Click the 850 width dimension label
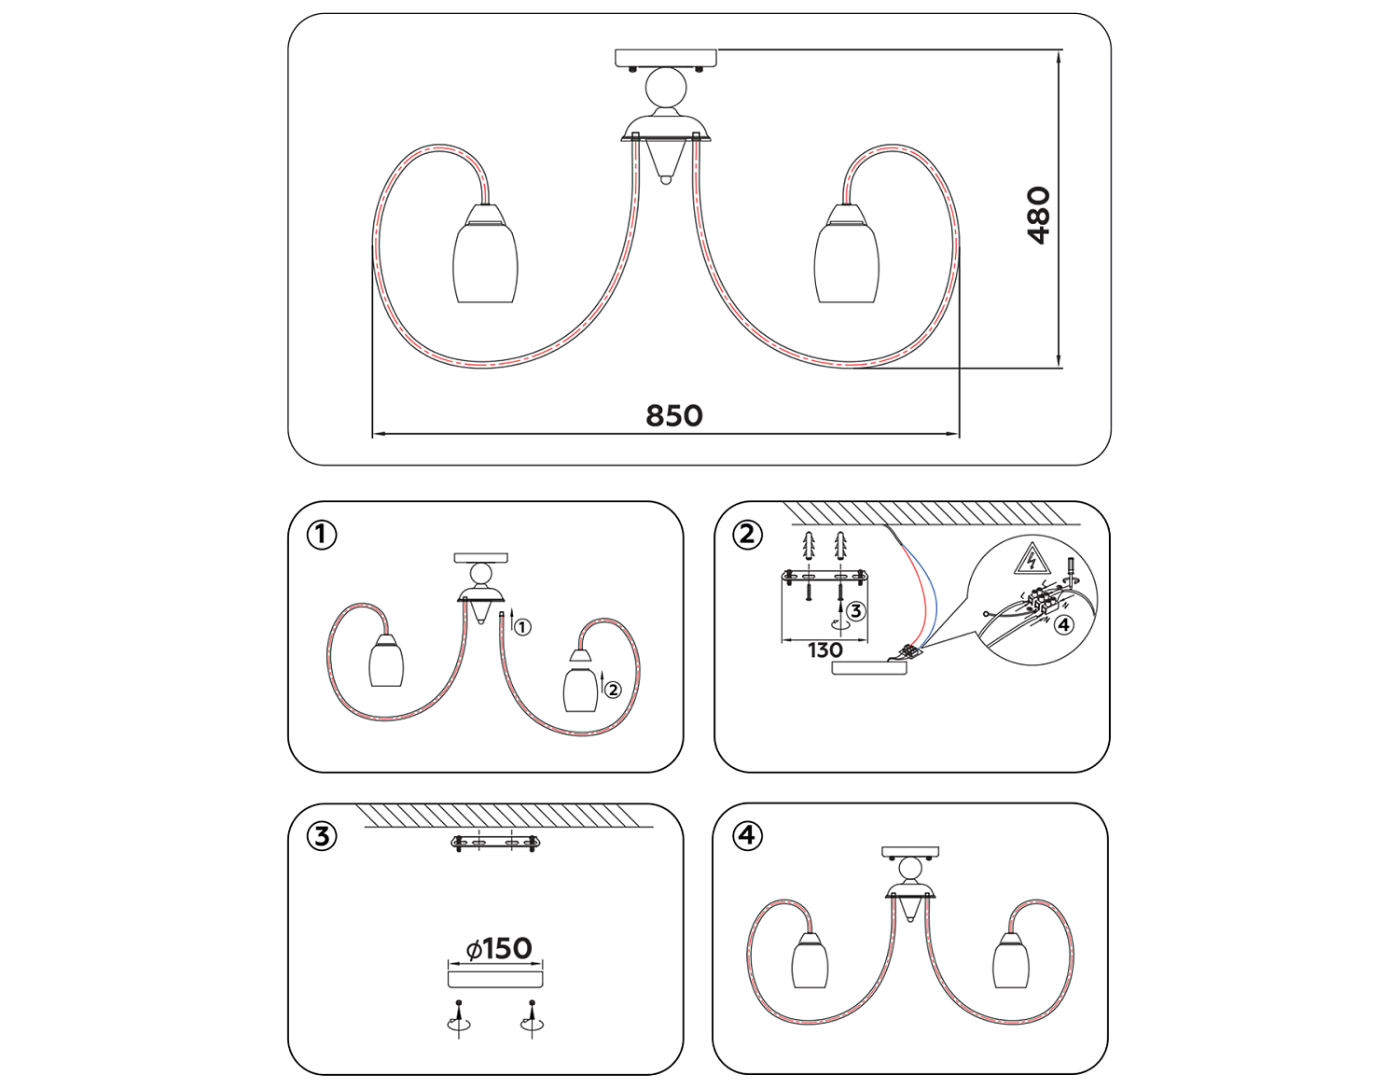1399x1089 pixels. click(x=673, y=416)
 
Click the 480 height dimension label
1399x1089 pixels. click(x=1038, y=216)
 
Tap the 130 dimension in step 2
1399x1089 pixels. click(x=824, y=650)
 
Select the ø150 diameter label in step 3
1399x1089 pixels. click(x=499, y=949)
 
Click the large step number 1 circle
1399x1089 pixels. click(x=322, y=535)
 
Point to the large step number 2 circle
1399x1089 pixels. click(x=747, y=535)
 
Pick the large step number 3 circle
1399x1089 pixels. click(x=322, y=837)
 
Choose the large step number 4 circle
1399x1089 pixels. click(x=747, y=836)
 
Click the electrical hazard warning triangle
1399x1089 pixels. click(x=1032, y=559)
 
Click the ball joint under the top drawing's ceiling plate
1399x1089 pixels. click(x=666, y=88)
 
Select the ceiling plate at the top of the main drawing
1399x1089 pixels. click(x=666, y=58)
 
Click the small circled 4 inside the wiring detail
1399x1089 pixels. click(x=1063, y=624)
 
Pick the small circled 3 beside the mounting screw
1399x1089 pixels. click(x=855, y=610)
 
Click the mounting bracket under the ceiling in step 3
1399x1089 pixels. click(x=495, y=843)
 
